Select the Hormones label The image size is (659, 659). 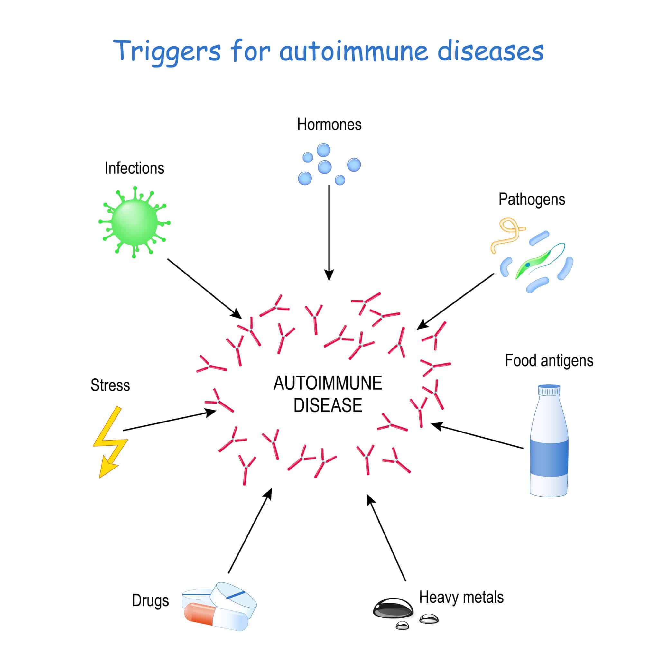[329, 125]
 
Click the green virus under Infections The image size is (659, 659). [135, 222]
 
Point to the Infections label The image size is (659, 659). [135, 169]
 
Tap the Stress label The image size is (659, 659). [110, 385]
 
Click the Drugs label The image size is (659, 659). [150, 601]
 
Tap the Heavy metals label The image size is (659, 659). [461, 597]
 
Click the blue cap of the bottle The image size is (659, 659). [549, 390]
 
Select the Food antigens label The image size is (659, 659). [549, 360]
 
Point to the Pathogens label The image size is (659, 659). [532, 200]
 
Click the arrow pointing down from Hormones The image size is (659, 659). [329, 232]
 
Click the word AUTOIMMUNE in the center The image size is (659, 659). [328, 383]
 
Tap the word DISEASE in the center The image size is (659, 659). [328, 405]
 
